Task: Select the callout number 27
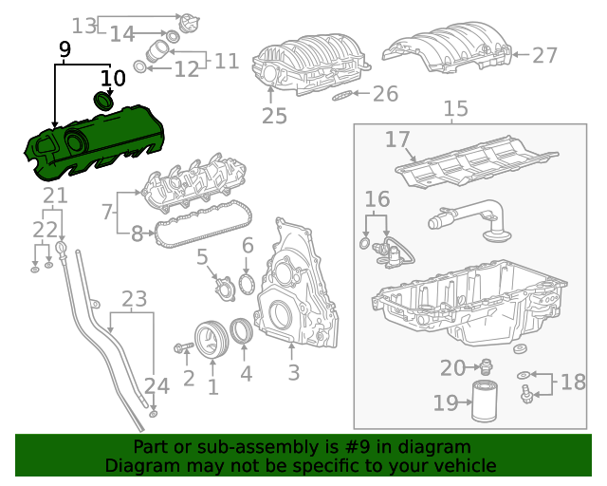pyautogui.click(x=544, y=56)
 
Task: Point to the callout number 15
pyautogui.click(x=455, y=109)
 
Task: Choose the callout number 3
pyautogui.click(x=293, y=373)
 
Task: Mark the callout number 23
pyautogui.click(x=135, y=300)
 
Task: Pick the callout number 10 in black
pyautogui.click(x=112, y=76)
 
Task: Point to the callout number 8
pyautogui.click(x=136, y=231)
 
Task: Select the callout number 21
pyautogui.click(x=54, y=196)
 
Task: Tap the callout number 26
pyautogui.click(x=385, y=94)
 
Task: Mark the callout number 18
pyautogui.click(x=573, y=383)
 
